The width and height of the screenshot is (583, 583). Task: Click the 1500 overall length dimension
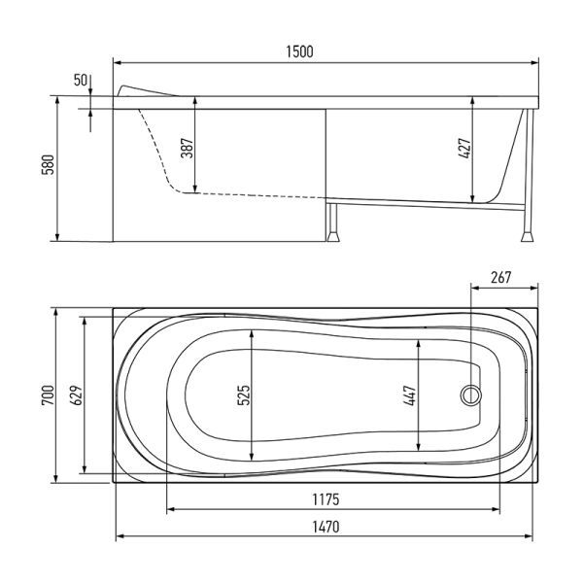point(299,51)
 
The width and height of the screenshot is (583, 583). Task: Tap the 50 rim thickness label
point(81,80)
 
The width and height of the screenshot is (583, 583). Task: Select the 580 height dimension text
point(49,164)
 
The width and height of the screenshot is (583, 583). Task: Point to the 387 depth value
point(187,148)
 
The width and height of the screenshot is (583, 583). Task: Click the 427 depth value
point(464,149)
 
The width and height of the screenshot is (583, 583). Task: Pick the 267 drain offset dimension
point(500,277)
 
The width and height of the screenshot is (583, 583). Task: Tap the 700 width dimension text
point(49,394)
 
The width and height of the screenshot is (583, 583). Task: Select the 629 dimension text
point(76,394)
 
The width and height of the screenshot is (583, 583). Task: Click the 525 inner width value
point(244,394)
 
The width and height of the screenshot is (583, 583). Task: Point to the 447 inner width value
point(410,394)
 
